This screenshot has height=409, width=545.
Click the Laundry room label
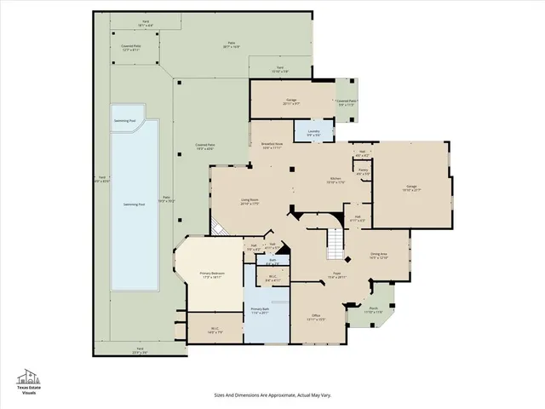point(313,133)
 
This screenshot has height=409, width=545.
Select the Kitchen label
point(335,181)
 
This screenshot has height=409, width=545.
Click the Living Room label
point(250,202)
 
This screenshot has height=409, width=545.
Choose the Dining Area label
point(379,256)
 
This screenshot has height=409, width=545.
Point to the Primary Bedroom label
point(210,275)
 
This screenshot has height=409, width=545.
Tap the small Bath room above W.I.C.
point(272,262)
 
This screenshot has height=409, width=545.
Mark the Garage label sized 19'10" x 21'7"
point(411,187)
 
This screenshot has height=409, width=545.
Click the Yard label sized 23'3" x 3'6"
point(139,350)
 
